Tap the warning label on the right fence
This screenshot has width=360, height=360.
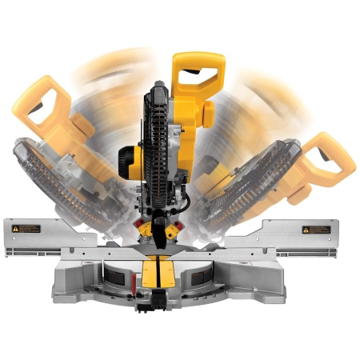[315, 230]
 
